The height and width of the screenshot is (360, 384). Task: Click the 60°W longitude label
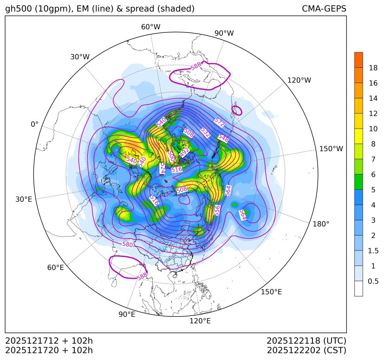150,27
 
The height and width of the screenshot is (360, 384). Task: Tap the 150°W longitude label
331,149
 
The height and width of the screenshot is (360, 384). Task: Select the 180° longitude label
321,224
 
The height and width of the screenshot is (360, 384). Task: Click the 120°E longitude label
200,321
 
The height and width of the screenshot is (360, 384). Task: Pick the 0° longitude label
34,124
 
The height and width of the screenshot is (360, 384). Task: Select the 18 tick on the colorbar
373,68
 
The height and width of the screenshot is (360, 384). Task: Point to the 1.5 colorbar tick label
373,251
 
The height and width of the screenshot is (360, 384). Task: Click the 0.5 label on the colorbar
373,281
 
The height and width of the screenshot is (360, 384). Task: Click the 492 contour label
184,152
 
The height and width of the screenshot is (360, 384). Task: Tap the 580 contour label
127,244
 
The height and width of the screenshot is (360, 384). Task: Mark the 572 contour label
219,122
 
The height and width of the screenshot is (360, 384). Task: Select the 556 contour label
217,210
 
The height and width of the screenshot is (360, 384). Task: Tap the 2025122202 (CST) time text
306,350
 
